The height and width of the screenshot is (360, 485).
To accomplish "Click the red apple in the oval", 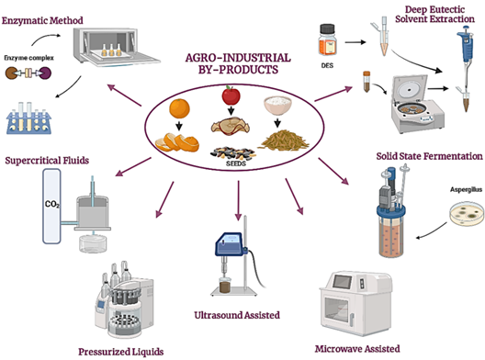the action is point(231,96).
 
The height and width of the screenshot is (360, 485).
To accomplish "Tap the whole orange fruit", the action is point(179,108).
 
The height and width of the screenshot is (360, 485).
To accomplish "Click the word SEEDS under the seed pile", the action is point(236,163).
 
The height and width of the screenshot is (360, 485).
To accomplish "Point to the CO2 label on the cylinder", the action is point(52,204).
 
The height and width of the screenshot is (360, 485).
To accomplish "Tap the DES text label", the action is point(327,65).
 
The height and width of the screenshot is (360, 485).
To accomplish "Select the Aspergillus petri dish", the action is point(467,213).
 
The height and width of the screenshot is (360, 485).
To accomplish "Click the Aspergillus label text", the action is point(466,189).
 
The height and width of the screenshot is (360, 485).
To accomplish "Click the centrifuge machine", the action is point(417,104).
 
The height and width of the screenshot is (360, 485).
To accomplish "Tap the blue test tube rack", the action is point(28,119).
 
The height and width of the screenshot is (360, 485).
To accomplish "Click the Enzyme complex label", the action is point(28,58).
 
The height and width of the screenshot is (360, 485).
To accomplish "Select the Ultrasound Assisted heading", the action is point(237,315).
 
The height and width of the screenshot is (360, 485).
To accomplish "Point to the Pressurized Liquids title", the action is point(121,352).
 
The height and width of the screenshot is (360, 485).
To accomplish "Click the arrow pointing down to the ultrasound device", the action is point(238,200).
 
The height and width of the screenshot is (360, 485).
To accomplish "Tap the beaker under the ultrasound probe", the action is point(225,285).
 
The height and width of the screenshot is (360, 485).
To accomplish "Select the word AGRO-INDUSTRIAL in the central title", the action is point(238,58).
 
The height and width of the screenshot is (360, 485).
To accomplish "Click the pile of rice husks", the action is point(283,141).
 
